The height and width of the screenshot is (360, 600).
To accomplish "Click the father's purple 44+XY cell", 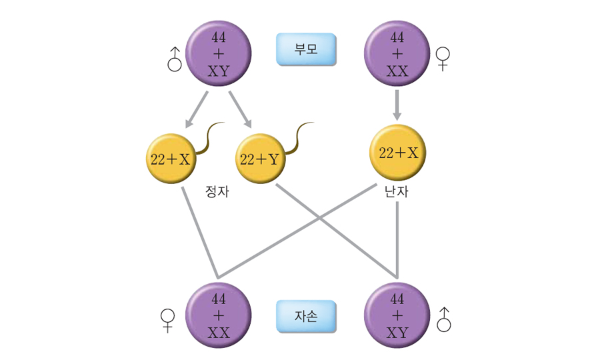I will point(218,53).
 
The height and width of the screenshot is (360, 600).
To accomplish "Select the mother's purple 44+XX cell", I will point(397,53).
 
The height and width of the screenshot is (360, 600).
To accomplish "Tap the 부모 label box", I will point(306,50).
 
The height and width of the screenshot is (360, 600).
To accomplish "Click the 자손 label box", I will point(306,316).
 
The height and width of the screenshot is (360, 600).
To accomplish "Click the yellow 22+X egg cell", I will point(398,153).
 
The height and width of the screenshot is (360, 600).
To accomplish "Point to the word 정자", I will point(217,193).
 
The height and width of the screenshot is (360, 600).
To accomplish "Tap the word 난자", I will point(397,192).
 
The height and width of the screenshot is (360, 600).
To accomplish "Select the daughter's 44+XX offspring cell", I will point(218,316).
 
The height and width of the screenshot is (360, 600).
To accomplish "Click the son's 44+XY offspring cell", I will point(397,316).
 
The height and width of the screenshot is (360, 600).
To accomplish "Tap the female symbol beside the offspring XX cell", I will point(167,320).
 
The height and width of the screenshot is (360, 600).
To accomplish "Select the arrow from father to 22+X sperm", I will point(197,109).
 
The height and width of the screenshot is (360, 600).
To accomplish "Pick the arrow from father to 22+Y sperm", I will point(241,109).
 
